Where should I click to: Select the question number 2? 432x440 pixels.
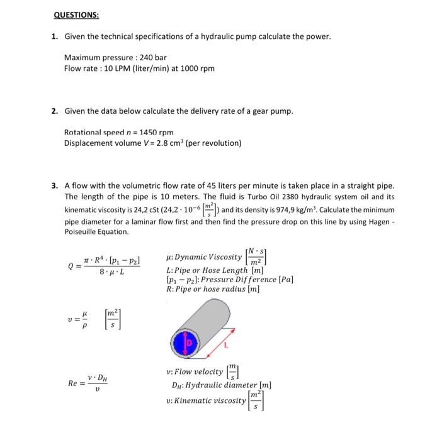point(55,111)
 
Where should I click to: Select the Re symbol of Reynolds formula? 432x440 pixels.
point(73,383)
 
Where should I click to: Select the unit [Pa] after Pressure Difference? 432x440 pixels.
point(285,279)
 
